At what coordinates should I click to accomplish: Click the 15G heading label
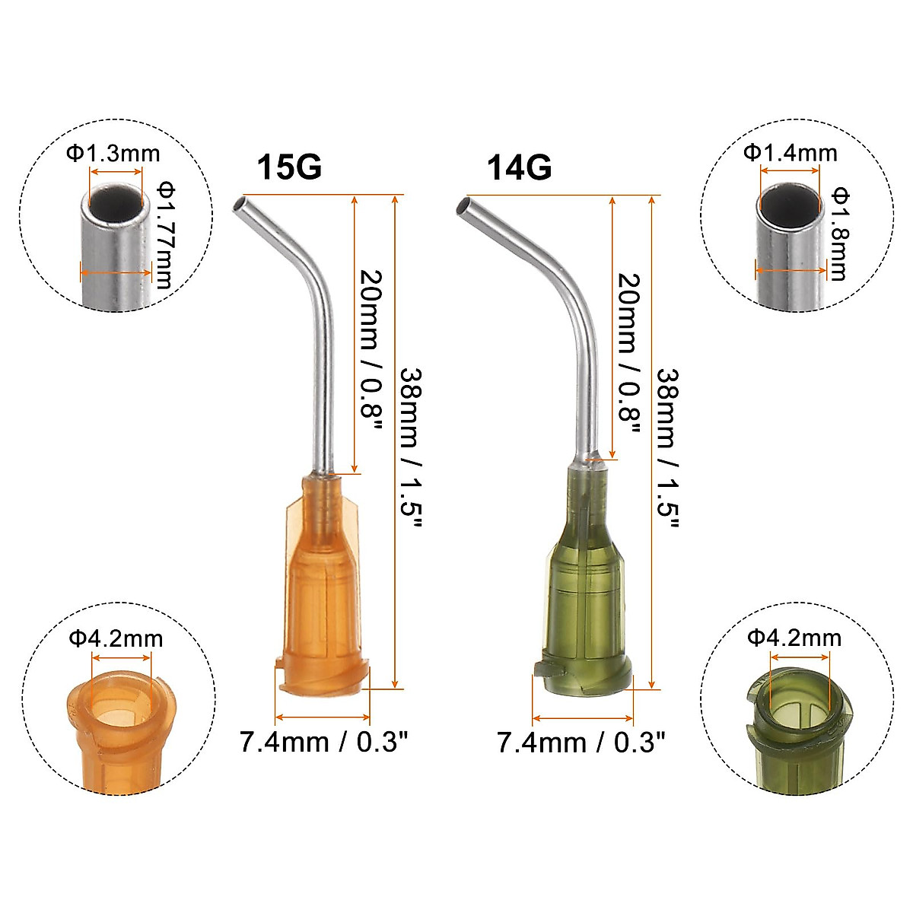[x=289, y=167]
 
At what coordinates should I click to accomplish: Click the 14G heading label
[x=520, y=167]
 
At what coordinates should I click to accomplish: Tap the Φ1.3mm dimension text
[x=113, y=154]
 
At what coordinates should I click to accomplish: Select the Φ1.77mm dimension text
[x=164, y=234]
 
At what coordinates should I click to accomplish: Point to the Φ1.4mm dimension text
[x=791, y=153]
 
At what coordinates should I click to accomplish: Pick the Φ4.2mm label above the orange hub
[x=116, y=638]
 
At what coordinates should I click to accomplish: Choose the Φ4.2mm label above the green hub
[x=794, y=637]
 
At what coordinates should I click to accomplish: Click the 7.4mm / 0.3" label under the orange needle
[x=324, y=741]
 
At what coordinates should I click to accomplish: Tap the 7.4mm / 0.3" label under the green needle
[x=581, y=742]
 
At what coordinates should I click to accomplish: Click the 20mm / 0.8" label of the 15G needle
[x=371, y=352]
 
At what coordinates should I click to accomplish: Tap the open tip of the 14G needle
[x=462, y=205]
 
